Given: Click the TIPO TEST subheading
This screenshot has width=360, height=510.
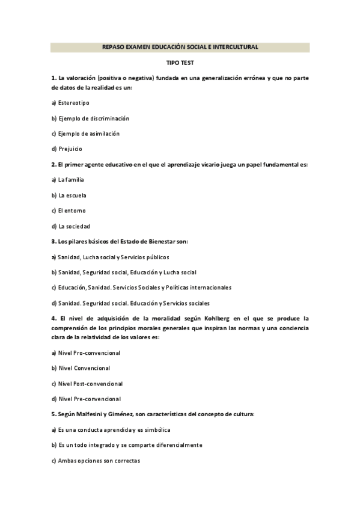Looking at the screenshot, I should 180,62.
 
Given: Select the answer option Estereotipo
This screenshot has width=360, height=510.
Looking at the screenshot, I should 73,103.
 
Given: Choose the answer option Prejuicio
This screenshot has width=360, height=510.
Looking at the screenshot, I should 70,149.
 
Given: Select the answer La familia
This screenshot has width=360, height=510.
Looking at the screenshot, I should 71,179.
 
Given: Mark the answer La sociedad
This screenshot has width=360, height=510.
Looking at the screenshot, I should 73,226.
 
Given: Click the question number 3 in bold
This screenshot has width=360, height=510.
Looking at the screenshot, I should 53,242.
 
